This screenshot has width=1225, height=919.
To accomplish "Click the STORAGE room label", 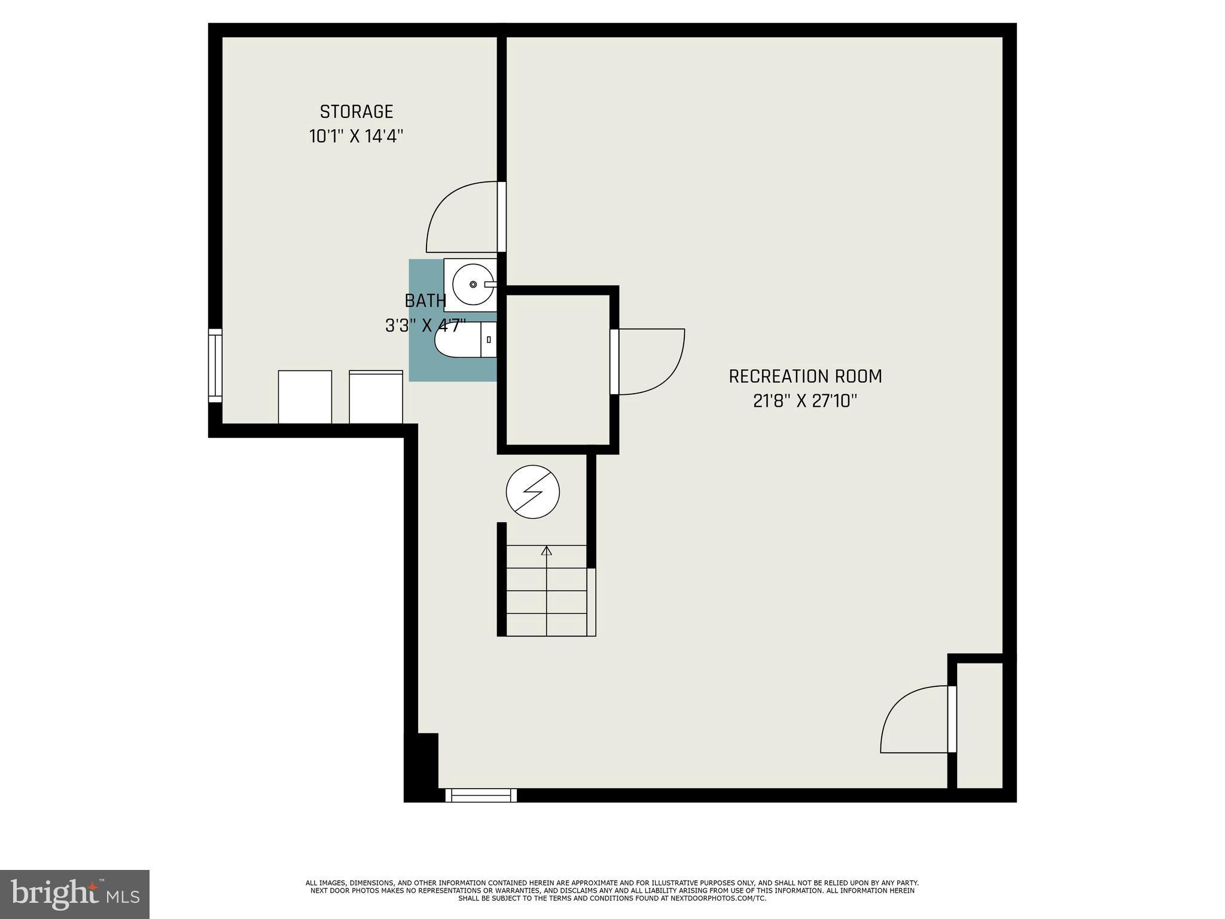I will point(356,112).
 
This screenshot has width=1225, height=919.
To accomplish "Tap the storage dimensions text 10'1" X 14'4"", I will point(356,136).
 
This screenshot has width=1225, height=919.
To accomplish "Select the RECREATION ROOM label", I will point(805,376).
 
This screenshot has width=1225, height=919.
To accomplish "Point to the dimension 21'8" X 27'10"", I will point(805,401).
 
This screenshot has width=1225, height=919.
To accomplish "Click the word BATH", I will point(425,300).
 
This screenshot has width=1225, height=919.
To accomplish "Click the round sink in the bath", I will point(473,284).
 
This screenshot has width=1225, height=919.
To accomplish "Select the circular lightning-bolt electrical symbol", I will point(532,492).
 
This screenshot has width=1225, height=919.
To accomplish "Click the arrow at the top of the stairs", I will point(546,550).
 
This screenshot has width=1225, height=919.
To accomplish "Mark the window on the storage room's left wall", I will point(215,366).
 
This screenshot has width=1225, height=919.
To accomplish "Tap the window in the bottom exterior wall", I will point(481,795).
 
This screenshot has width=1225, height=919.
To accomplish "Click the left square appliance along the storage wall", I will point(304,397).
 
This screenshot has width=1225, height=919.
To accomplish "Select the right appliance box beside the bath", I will point(376,397).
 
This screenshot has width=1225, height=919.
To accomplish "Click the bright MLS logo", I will point(74,894).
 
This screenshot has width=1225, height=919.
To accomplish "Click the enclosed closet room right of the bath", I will point(557,370).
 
